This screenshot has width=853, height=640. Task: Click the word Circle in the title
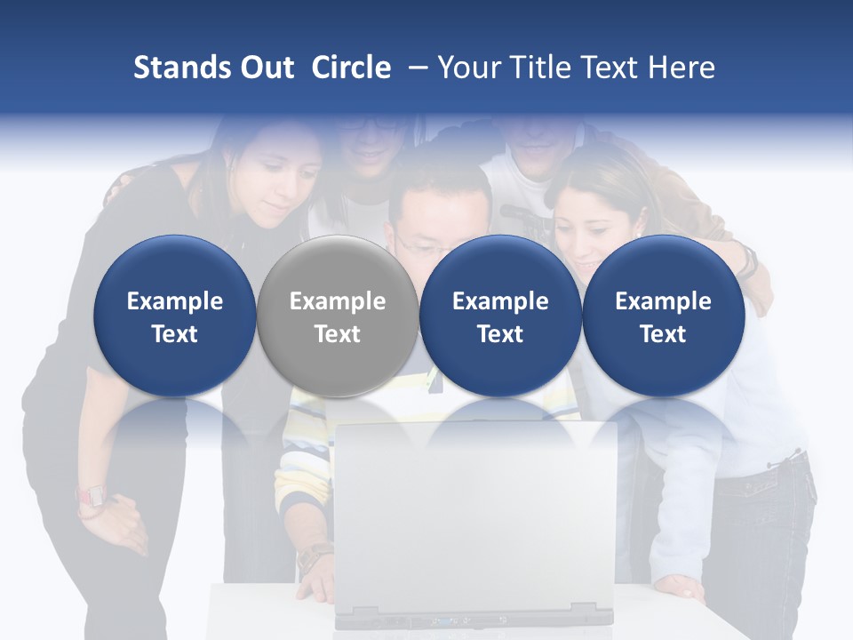coord(351,68)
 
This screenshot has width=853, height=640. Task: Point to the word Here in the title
coord(682,68)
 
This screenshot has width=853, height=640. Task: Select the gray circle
coord(338,316)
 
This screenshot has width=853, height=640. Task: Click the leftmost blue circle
coord(174,316)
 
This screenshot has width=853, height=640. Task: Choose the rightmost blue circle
coord(663,316)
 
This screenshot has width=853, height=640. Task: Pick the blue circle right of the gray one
coord(500,316)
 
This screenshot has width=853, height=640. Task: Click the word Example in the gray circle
coord(338,301)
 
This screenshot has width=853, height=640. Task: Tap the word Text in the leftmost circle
coord(174,334)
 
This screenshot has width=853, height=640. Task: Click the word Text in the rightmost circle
coord(663,334)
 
